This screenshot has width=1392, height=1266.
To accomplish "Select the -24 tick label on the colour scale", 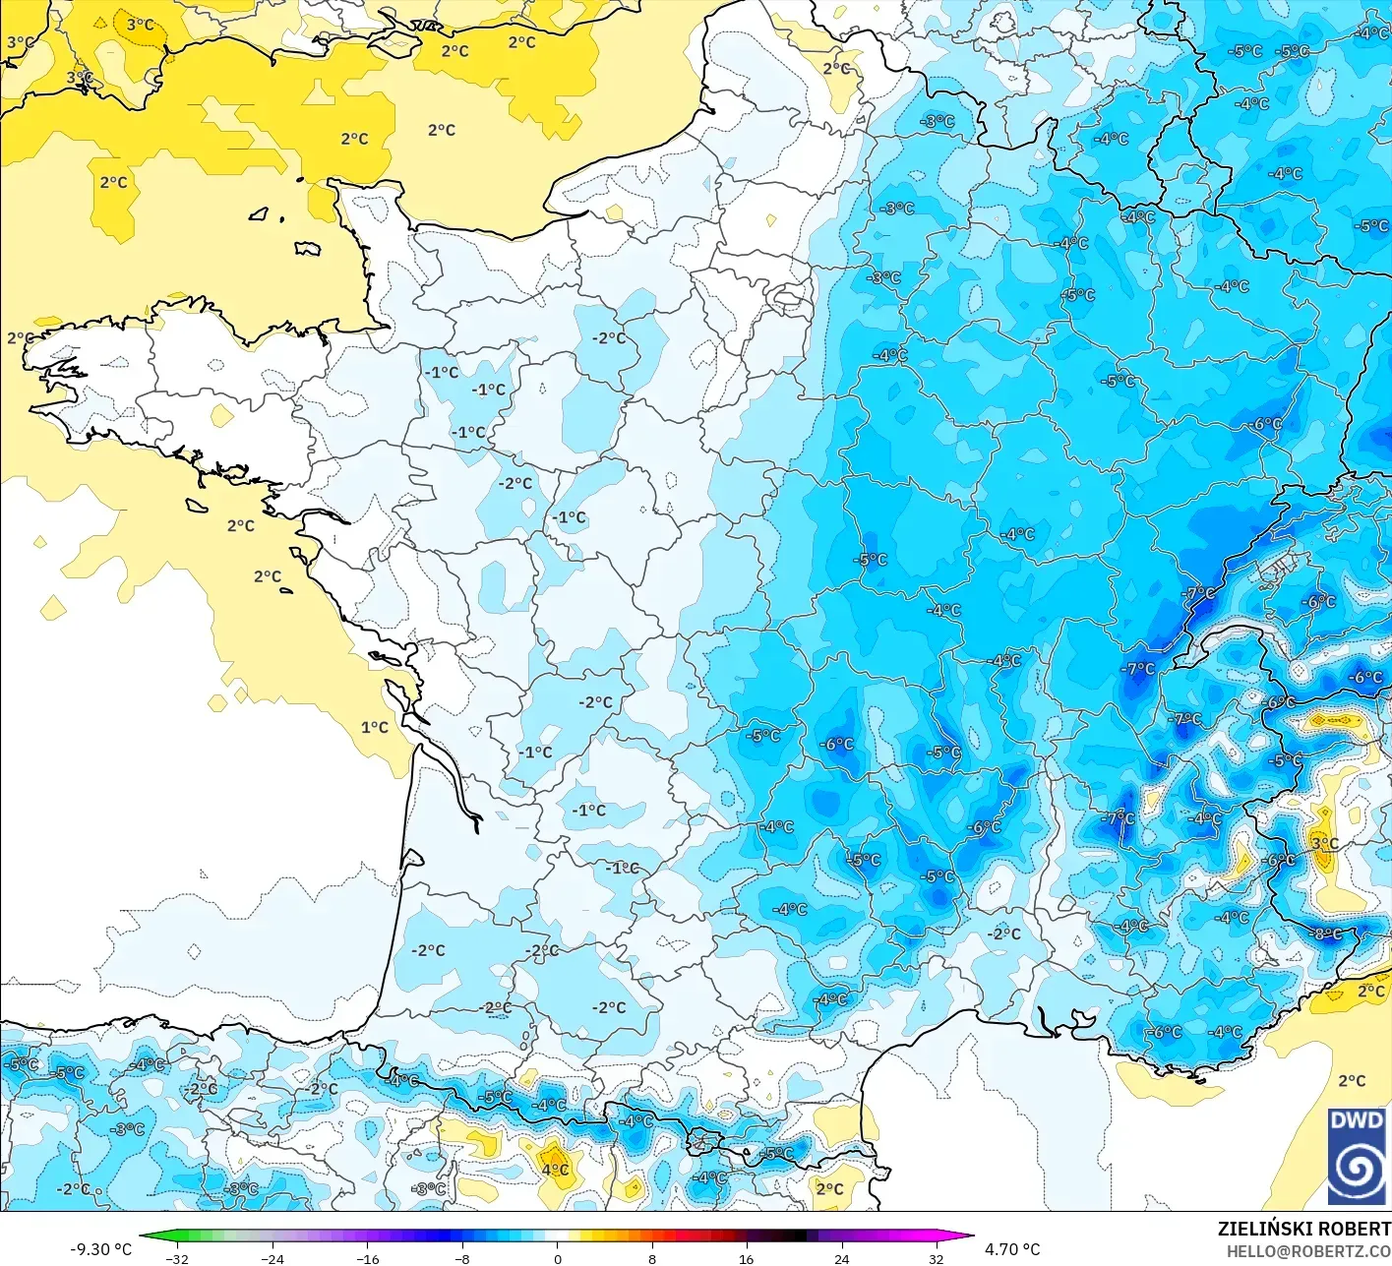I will (x=272, y=1258).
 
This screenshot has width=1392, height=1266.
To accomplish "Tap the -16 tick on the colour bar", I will (x=367, y=1258).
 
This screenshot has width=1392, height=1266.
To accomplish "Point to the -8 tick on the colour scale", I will (x=462, y=1258).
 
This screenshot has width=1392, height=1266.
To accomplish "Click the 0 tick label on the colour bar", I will (x=557, y=1258).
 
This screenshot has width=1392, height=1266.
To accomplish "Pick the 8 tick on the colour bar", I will (x=651, y=1258).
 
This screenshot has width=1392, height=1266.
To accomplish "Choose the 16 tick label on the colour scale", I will (x=747, y=1258).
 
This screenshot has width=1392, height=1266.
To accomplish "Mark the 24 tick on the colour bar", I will (x=841, y=1258).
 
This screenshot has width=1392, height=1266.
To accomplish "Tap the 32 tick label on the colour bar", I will (x=937, y=1258).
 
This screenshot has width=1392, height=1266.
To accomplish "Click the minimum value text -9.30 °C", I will (x=100, y=1249).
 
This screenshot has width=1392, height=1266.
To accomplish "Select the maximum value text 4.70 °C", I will (x=1012, y=1249).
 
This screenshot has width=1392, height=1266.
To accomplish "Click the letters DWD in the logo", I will (x=1356, y=1121).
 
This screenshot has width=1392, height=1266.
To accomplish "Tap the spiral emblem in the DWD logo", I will (x=1356, y=1169).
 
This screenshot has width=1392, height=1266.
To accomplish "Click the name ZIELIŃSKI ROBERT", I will (x=1303, y=1229).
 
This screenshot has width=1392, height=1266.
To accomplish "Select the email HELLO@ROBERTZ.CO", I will (x=1308, y=1251).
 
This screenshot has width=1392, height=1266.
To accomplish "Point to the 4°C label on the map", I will (x=555, y=1170).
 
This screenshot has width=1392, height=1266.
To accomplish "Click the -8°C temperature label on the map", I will (x=1328, y=934).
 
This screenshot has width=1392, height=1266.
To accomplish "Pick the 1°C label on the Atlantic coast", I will (x=374, y=727).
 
